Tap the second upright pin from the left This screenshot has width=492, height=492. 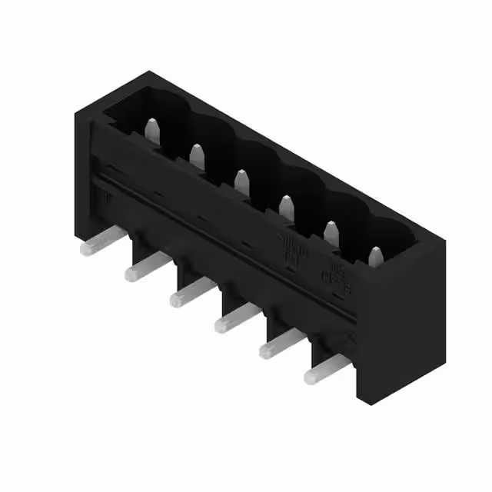(197, 155)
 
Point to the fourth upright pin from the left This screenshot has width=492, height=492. (286, 207)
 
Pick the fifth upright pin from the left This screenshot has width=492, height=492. (331, 232)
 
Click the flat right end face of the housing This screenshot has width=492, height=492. (400, 323)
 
